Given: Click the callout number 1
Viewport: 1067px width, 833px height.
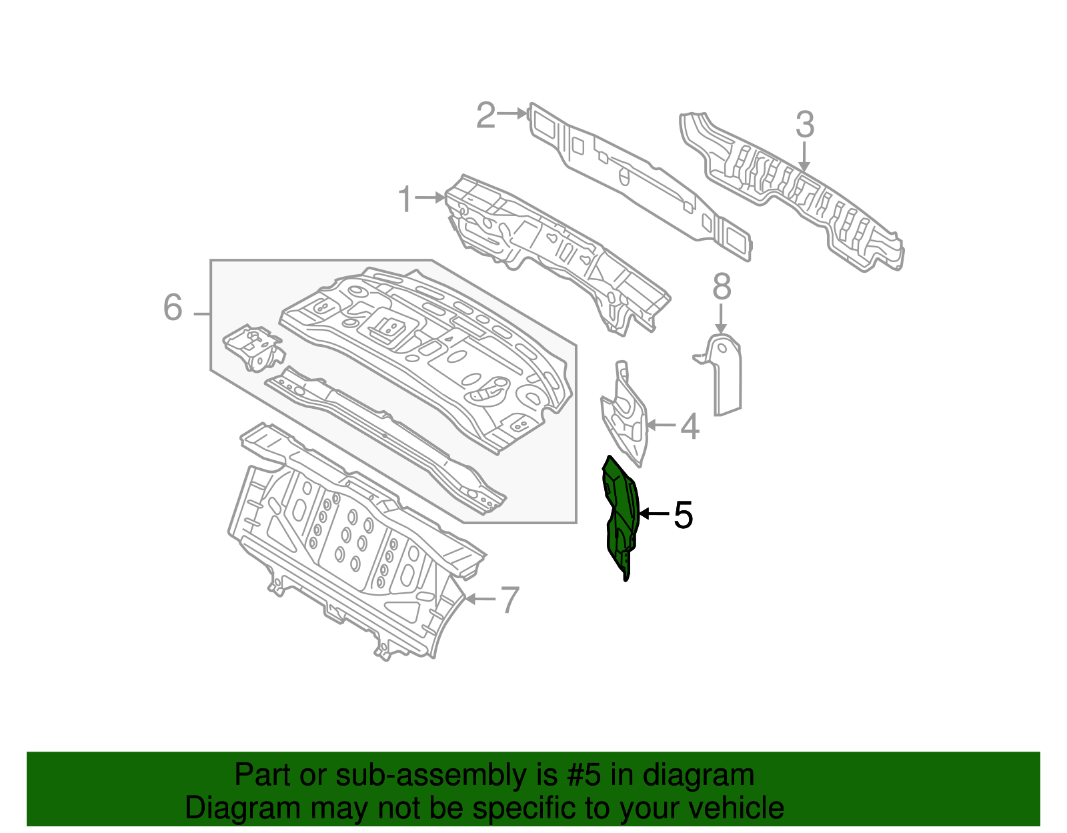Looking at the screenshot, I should pyautogui.click(x=405, y=199).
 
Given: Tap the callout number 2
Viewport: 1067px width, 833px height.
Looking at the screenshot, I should pyautogui.click(x=485, y=115).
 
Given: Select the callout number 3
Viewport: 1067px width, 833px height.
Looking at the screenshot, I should pyautogui.click(x=805, y=125).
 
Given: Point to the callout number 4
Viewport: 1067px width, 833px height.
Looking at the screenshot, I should pyautogui.click(x=690, y=426).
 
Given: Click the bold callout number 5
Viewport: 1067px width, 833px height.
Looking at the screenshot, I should pyautogui.click(x=683, y=515).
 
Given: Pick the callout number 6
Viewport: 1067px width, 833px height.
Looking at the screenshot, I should pyautogui.click(x=173, y=308).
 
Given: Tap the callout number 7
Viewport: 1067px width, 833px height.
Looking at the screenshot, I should pyautogui.click(x=509, y=600).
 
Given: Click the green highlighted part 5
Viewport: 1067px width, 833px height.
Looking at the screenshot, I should pyautogui.click(x=621, y=514).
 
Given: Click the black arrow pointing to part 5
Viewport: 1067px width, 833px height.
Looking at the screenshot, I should pyautogui.click(x=654, y=514).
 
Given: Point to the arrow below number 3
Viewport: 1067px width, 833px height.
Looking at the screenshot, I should pyautogui.click(x=804, y=157).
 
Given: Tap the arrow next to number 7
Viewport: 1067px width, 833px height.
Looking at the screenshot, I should pyautogui.click(x=479, y=599).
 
